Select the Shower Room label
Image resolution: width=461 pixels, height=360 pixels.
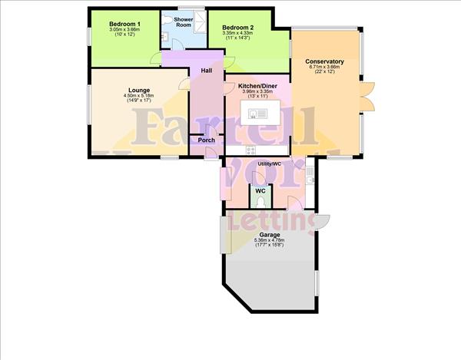coord(184,21)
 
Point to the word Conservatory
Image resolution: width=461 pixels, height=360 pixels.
coord(323,61)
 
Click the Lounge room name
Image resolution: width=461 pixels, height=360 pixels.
coord(138,90)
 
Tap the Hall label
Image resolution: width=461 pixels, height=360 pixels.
coord(206,71)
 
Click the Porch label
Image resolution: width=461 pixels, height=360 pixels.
coord(207,140)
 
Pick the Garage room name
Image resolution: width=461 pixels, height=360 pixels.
coord(268,235)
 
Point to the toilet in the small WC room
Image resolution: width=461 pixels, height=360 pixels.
coord(261,202)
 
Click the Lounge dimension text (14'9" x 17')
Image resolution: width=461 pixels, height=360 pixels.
coord(138,101)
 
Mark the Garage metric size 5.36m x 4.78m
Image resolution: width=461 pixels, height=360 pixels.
coord(268,241)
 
